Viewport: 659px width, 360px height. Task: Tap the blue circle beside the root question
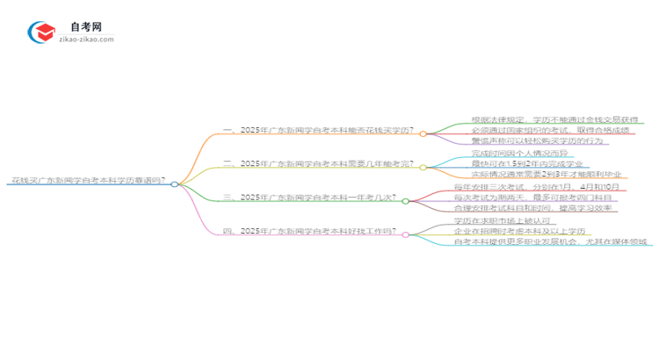[x=175, y=184]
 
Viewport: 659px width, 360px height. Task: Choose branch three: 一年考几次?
[x=308, y=200]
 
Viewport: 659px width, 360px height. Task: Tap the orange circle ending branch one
[x=423, y=134]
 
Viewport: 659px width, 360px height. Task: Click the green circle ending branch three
[x=405, y=201]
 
